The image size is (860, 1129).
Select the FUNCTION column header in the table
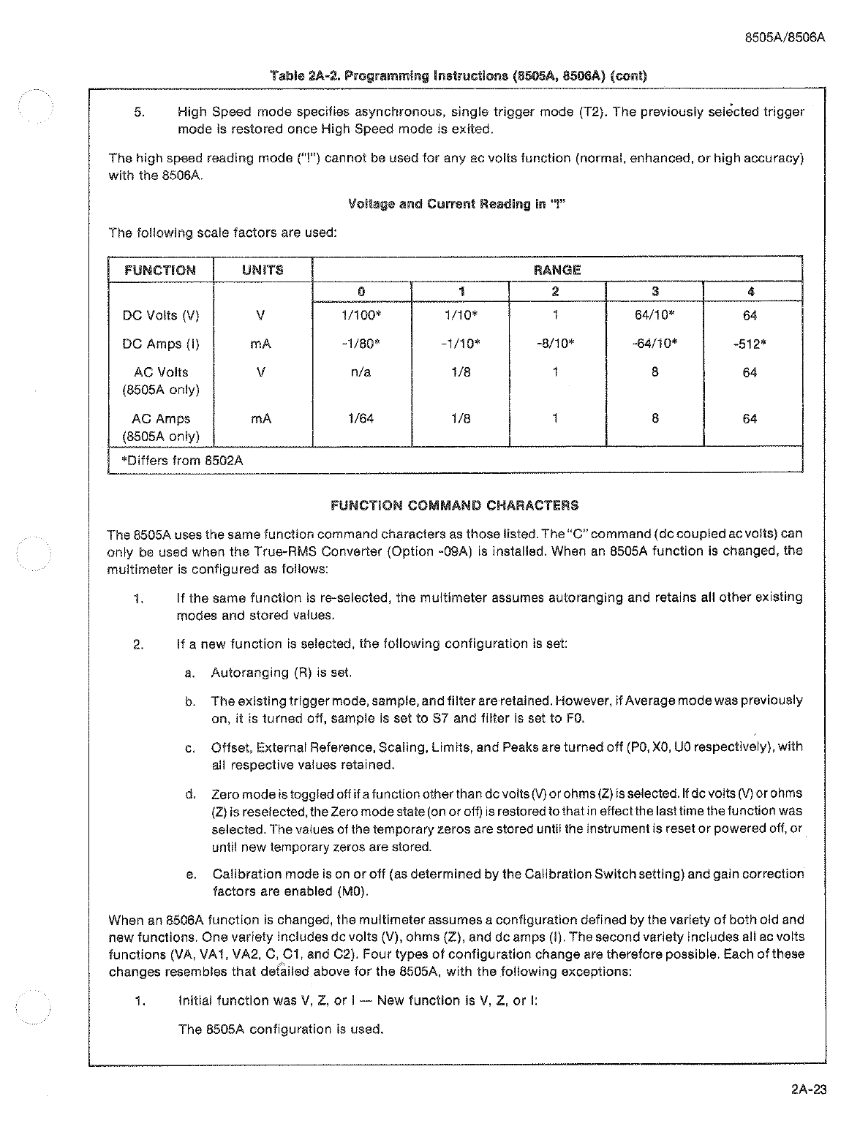tap(160, 270)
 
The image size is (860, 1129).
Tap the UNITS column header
tap(262, 270)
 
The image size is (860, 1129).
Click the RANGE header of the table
tap(557, 270)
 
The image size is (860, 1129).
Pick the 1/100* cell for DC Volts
tap(361, 316)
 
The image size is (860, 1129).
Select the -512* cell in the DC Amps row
tap(750, 344)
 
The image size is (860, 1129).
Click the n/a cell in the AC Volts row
tap(361, 372)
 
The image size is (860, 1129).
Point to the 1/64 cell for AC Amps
tap(361, 419)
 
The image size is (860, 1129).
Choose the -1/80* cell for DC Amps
tap(361, 344)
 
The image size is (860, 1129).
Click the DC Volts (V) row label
tap(160, 316)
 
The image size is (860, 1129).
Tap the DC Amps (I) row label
tap(160, 344)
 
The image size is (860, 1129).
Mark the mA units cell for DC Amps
tap(261, 344)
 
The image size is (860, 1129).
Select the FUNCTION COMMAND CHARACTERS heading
tap(454, 505)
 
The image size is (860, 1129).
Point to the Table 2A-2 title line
tap(459, 76)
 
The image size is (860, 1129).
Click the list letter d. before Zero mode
tap(191, 794)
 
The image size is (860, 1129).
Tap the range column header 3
tap(655, 292)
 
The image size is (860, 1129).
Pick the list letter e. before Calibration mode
tap(191, 875)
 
